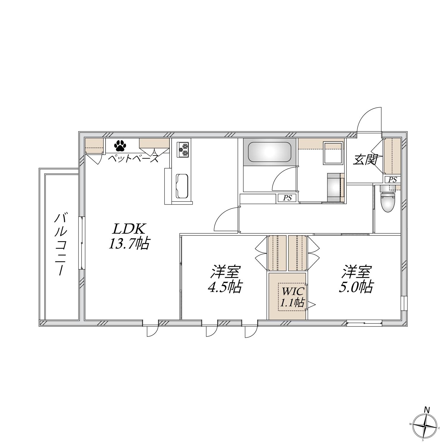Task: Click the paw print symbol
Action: tap(120, 146)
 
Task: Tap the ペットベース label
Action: tap(133, 158)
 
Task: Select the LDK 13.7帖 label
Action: tap(128, 237)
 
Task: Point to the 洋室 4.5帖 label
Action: tap(225, 279)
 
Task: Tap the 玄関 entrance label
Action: tap(365, 160)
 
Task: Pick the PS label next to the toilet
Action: tap(392, 180)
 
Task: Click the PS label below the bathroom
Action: tap(287, 198)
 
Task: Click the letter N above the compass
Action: tap(427, 410)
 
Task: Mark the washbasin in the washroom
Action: tap(334, 153)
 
